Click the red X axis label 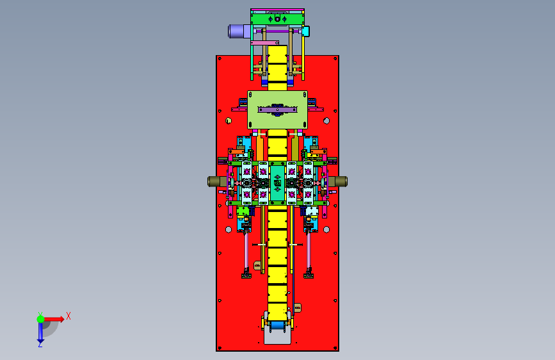(68, 316)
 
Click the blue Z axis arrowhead (40, 342)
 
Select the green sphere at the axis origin (40, 319)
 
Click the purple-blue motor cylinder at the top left (239, 31)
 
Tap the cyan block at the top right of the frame (306, 31)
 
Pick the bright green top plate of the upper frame (278, 19)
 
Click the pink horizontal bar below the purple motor (264, 43)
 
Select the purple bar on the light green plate (278, 110)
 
